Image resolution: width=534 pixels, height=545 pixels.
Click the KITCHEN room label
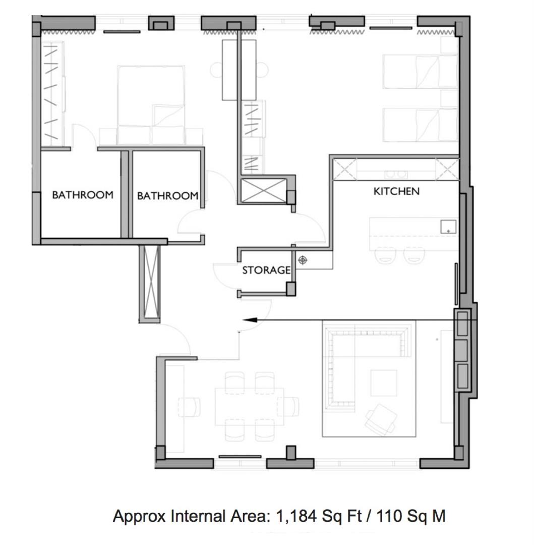pyautogui.click(x=396, y=191)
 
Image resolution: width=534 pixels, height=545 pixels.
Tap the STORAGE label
pyautogui.click(x=266, y=270)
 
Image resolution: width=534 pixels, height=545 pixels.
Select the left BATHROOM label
pyautogui.click(x=83, y=195)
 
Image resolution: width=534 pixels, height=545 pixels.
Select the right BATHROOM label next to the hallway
pyautogui.click(x=168, y=196)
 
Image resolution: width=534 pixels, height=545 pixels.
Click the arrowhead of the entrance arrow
pyautogui.click(x=250, y=320)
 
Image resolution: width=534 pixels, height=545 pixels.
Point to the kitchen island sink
pyautogui.click(x=448, y=227)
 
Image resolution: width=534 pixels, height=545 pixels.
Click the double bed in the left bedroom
pyautogui.click(x=151, y=105)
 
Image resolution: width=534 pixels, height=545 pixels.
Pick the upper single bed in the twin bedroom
pyautogui.click(x=420, y=71)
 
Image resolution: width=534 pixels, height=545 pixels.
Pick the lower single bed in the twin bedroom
pyautogui.click(x=420, y=125)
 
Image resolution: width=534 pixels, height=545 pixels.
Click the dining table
pyautogui.click(x=249, y=407)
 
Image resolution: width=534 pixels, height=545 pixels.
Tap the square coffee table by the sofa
pyautogui.click(x=384, y=383)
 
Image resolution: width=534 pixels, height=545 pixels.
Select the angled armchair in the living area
pyautogui.click(x=381, y=419)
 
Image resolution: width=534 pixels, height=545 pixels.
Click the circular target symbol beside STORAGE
pyautogui.click(x=303, y=260)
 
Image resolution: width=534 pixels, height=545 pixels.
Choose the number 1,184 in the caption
pyautogui.click(x=296, y=516)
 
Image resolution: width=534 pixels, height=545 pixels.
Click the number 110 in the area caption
pyautogui.click(x=389, y=516)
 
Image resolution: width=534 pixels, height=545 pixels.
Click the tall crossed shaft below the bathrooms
pyautogui.click(x=150, y=284)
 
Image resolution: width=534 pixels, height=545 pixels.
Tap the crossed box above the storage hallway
pyautogui.click(x=264, y=190)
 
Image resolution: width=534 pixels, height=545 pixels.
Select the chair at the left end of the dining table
pyautogui.click(x=189, y=407)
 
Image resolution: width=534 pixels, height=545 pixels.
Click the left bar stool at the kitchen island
pyautogui.click(x=385, y=255)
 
